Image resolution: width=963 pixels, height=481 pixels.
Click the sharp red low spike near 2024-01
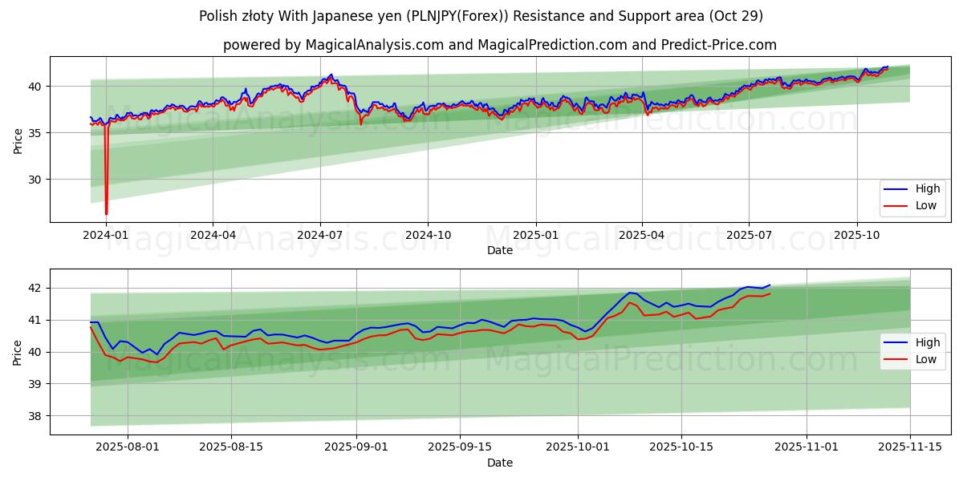point(106,212)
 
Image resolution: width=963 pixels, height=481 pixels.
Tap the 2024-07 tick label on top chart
point(320,236)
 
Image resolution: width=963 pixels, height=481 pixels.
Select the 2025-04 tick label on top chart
point(642,236)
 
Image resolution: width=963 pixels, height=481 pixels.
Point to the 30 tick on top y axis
point(35,180)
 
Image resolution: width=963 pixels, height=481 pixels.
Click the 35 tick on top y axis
point(35,132)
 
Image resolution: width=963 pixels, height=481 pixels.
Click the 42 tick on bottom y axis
point(35,288)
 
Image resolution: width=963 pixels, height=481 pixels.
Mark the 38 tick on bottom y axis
point(35,416)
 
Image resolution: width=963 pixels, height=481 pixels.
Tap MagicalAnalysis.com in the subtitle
point(374,45)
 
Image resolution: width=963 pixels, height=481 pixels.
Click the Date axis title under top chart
point(499,250)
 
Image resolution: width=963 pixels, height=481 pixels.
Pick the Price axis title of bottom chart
point(18,352)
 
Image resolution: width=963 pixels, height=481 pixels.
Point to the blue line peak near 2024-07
point(331,75)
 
